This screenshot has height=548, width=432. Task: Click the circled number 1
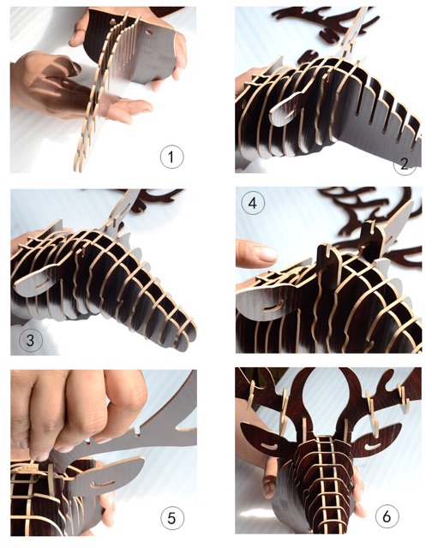point(171,157)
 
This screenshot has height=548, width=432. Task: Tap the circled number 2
point(405,164)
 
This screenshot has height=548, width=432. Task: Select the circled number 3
point(31,340)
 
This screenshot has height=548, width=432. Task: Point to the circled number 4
point(253,203)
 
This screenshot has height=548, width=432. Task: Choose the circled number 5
point(171,518)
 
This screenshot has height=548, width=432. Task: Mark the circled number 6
point(387,516)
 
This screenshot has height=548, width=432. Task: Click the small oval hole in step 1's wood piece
point(149,32)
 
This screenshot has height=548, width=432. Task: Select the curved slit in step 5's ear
point(103,484)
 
